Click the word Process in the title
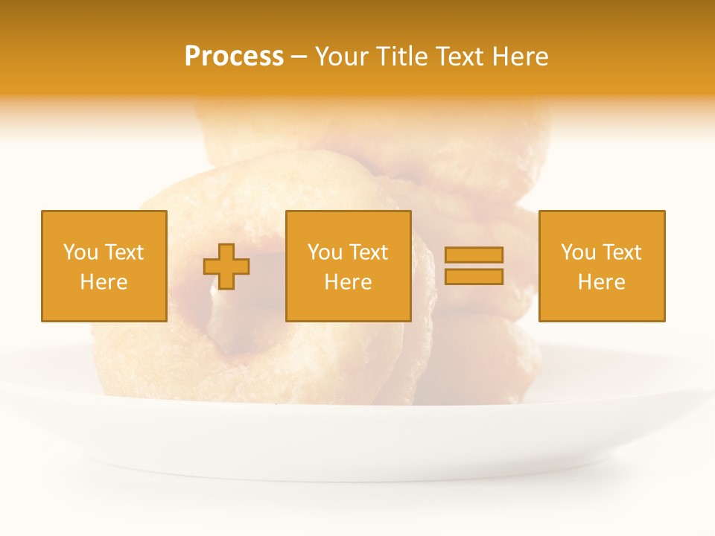pyautogui.click(x=234, y=57)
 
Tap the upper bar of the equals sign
pyautogui.click(x=474, y=255)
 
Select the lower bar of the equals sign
pyautogui.click(x=474, y=277)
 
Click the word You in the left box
pyautogui.click(x=80, y=252)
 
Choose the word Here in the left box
pyautogui.click(x=104, y=282)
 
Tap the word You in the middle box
pyautogui.click(x=325, y=252)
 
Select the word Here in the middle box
pyautogui.click(x=349, y=282)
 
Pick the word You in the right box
pyautogui.click(x=578, y=252)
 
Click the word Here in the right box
pyautogui.click(x=602, y=282)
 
